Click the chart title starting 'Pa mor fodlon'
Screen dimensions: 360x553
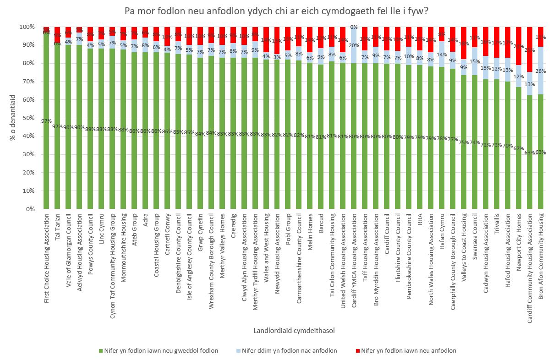[276, 11]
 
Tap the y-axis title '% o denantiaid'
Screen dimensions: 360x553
[13, 118]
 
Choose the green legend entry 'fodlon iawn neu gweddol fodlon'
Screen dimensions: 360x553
[159, 351]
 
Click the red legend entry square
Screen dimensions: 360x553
[358, 351]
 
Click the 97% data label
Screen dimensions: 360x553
[47, 120]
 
